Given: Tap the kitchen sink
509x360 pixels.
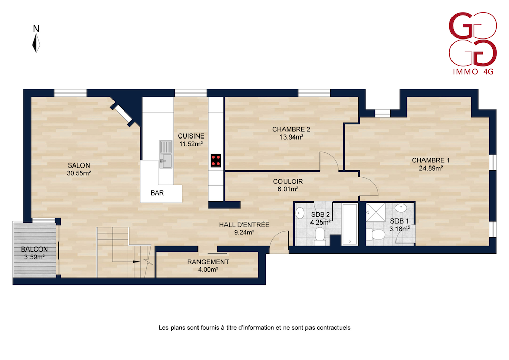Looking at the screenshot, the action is click(165, 154).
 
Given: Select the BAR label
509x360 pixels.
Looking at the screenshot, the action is click(157, 193).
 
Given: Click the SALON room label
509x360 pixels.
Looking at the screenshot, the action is click(78, 165).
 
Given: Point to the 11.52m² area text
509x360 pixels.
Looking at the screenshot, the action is click(191, 144).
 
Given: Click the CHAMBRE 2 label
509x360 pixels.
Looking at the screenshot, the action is click(291, 129).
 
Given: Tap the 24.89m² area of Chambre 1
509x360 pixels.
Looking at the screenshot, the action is click(431, 168).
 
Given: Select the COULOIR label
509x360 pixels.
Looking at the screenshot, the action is click(288, 182).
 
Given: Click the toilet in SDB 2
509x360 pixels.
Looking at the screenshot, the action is click(320, 236).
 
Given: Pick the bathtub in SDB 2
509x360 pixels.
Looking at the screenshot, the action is click(350, 224).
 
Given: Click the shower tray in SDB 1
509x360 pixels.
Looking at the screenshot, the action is click(376, 213).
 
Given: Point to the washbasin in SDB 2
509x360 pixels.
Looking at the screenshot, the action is click(300, 213).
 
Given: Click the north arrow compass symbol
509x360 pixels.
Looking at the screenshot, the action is click(36, 43).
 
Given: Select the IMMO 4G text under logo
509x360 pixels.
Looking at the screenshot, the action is click(473, 72).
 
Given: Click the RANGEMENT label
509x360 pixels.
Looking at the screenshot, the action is click(208, 262).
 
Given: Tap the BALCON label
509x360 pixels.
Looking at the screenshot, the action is click(35, 250).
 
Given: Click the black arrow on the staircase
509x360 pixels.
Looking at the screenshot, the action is click(136, 261).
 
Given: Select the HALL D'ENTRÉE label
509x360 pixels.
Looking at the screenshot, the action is click(244, 225).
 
